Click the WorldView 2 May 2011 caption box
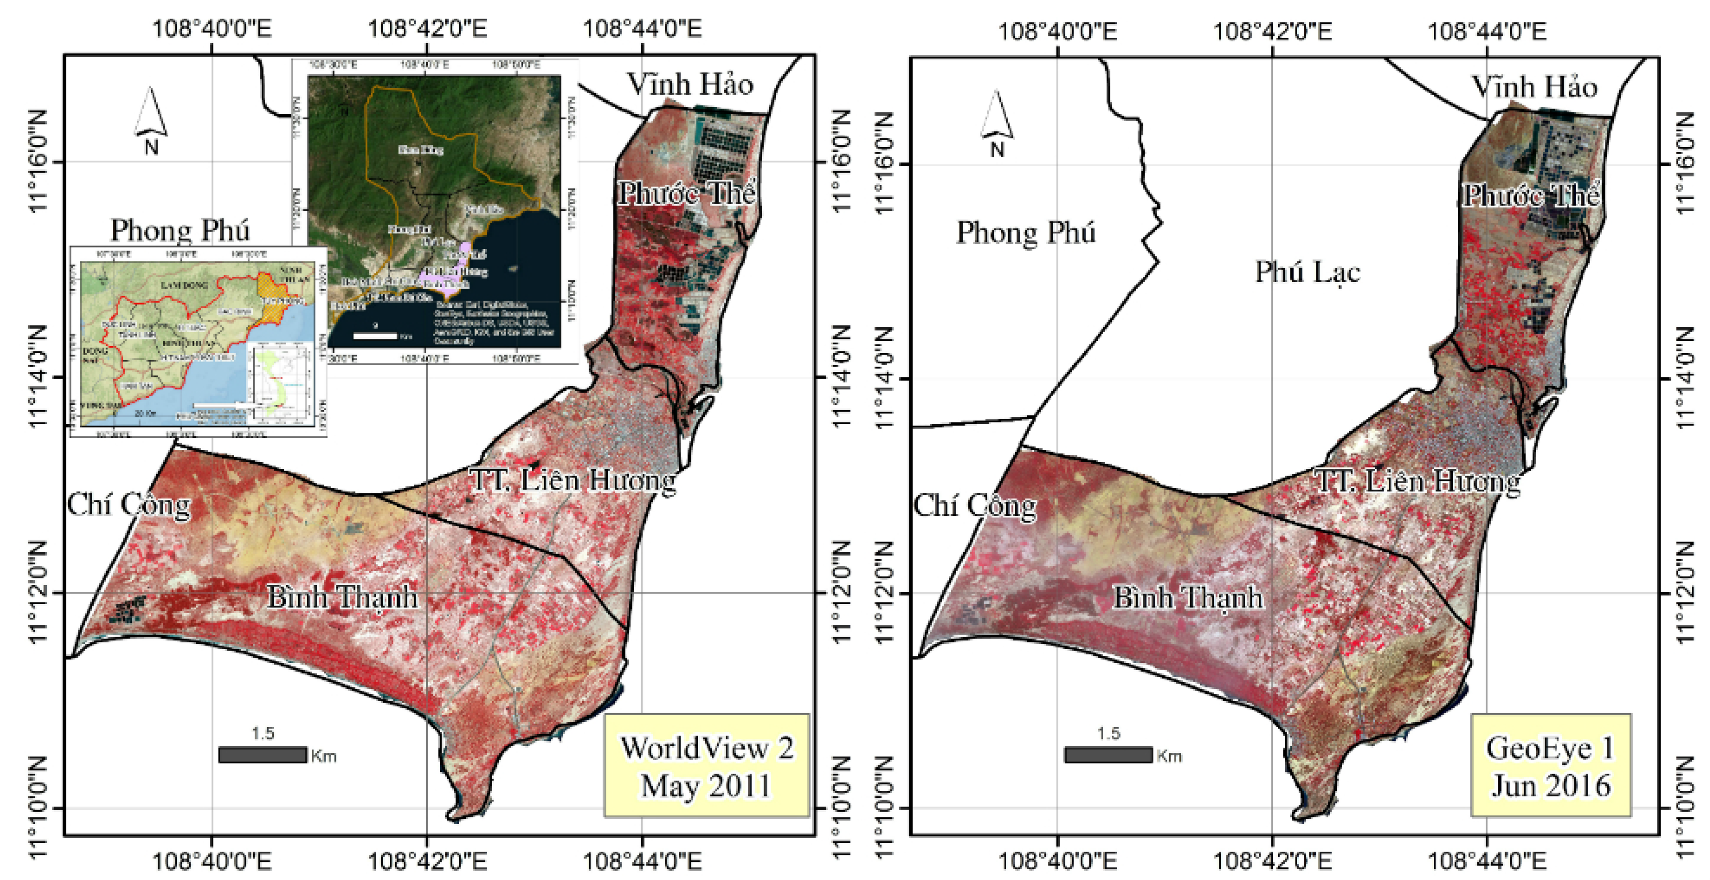coord(706,766)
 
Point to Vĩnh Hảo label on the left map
coord(690,84)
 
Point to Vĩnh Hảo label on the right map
coord(1534,87)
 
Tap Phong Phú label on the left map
coord(180,230)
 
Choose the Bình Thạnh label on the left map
coord(343,597)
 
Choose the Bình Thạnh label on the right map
coord(1188,597)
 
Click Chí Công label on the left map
coord(128,505)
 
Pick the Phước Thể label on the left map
coord(687,193)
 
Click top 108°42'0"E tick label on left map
coord(427,29)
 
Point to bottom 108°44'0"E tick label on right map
coord(1486,861)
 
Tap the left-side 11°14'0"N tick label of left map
coord(38,377)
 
